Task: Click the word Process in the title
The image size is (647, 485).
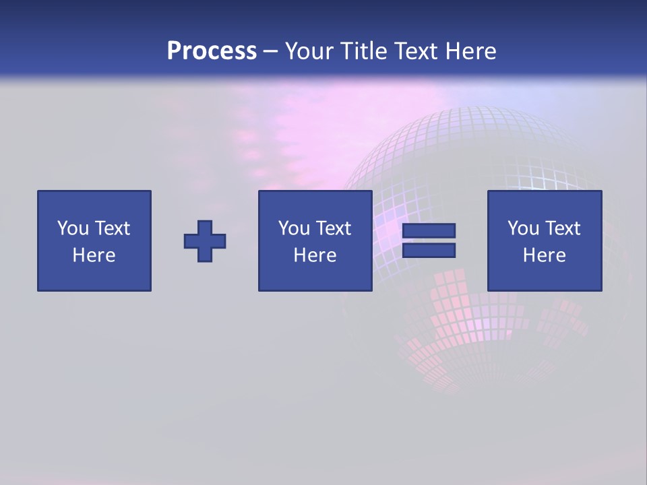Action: [x=212, y=51]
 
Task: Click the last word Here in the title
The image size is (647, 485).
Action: [x=472, y=51]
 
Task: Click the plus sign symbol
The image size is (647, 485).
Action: [x=205, y=241]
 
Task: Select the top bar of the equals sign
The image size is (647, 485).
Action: [x=429, y=231]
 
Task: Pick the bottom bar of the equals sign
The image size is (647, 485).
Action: [x=429, y=251]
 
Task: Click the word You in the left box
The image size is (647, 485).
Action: [x=73, y=228]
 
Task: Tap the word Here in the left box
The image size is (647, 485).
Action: [x=94, y=255]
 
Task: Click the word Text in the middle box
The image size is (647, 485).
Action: [x=334, y=228]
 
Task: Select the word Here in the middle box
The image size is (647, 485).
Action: [x=315, y=255]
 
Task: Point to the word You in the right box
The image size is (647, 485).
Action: [x=523, y=228]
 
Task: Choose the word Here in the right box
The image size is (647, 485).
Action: [x=544, y=255]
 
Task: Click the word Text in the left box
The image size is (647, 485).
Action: [x=113, y=228]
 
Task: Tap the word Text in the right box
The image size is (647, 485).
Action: [x=563, y=228]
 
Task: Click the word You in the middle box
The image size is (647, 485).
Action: [x=294, y=228]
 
